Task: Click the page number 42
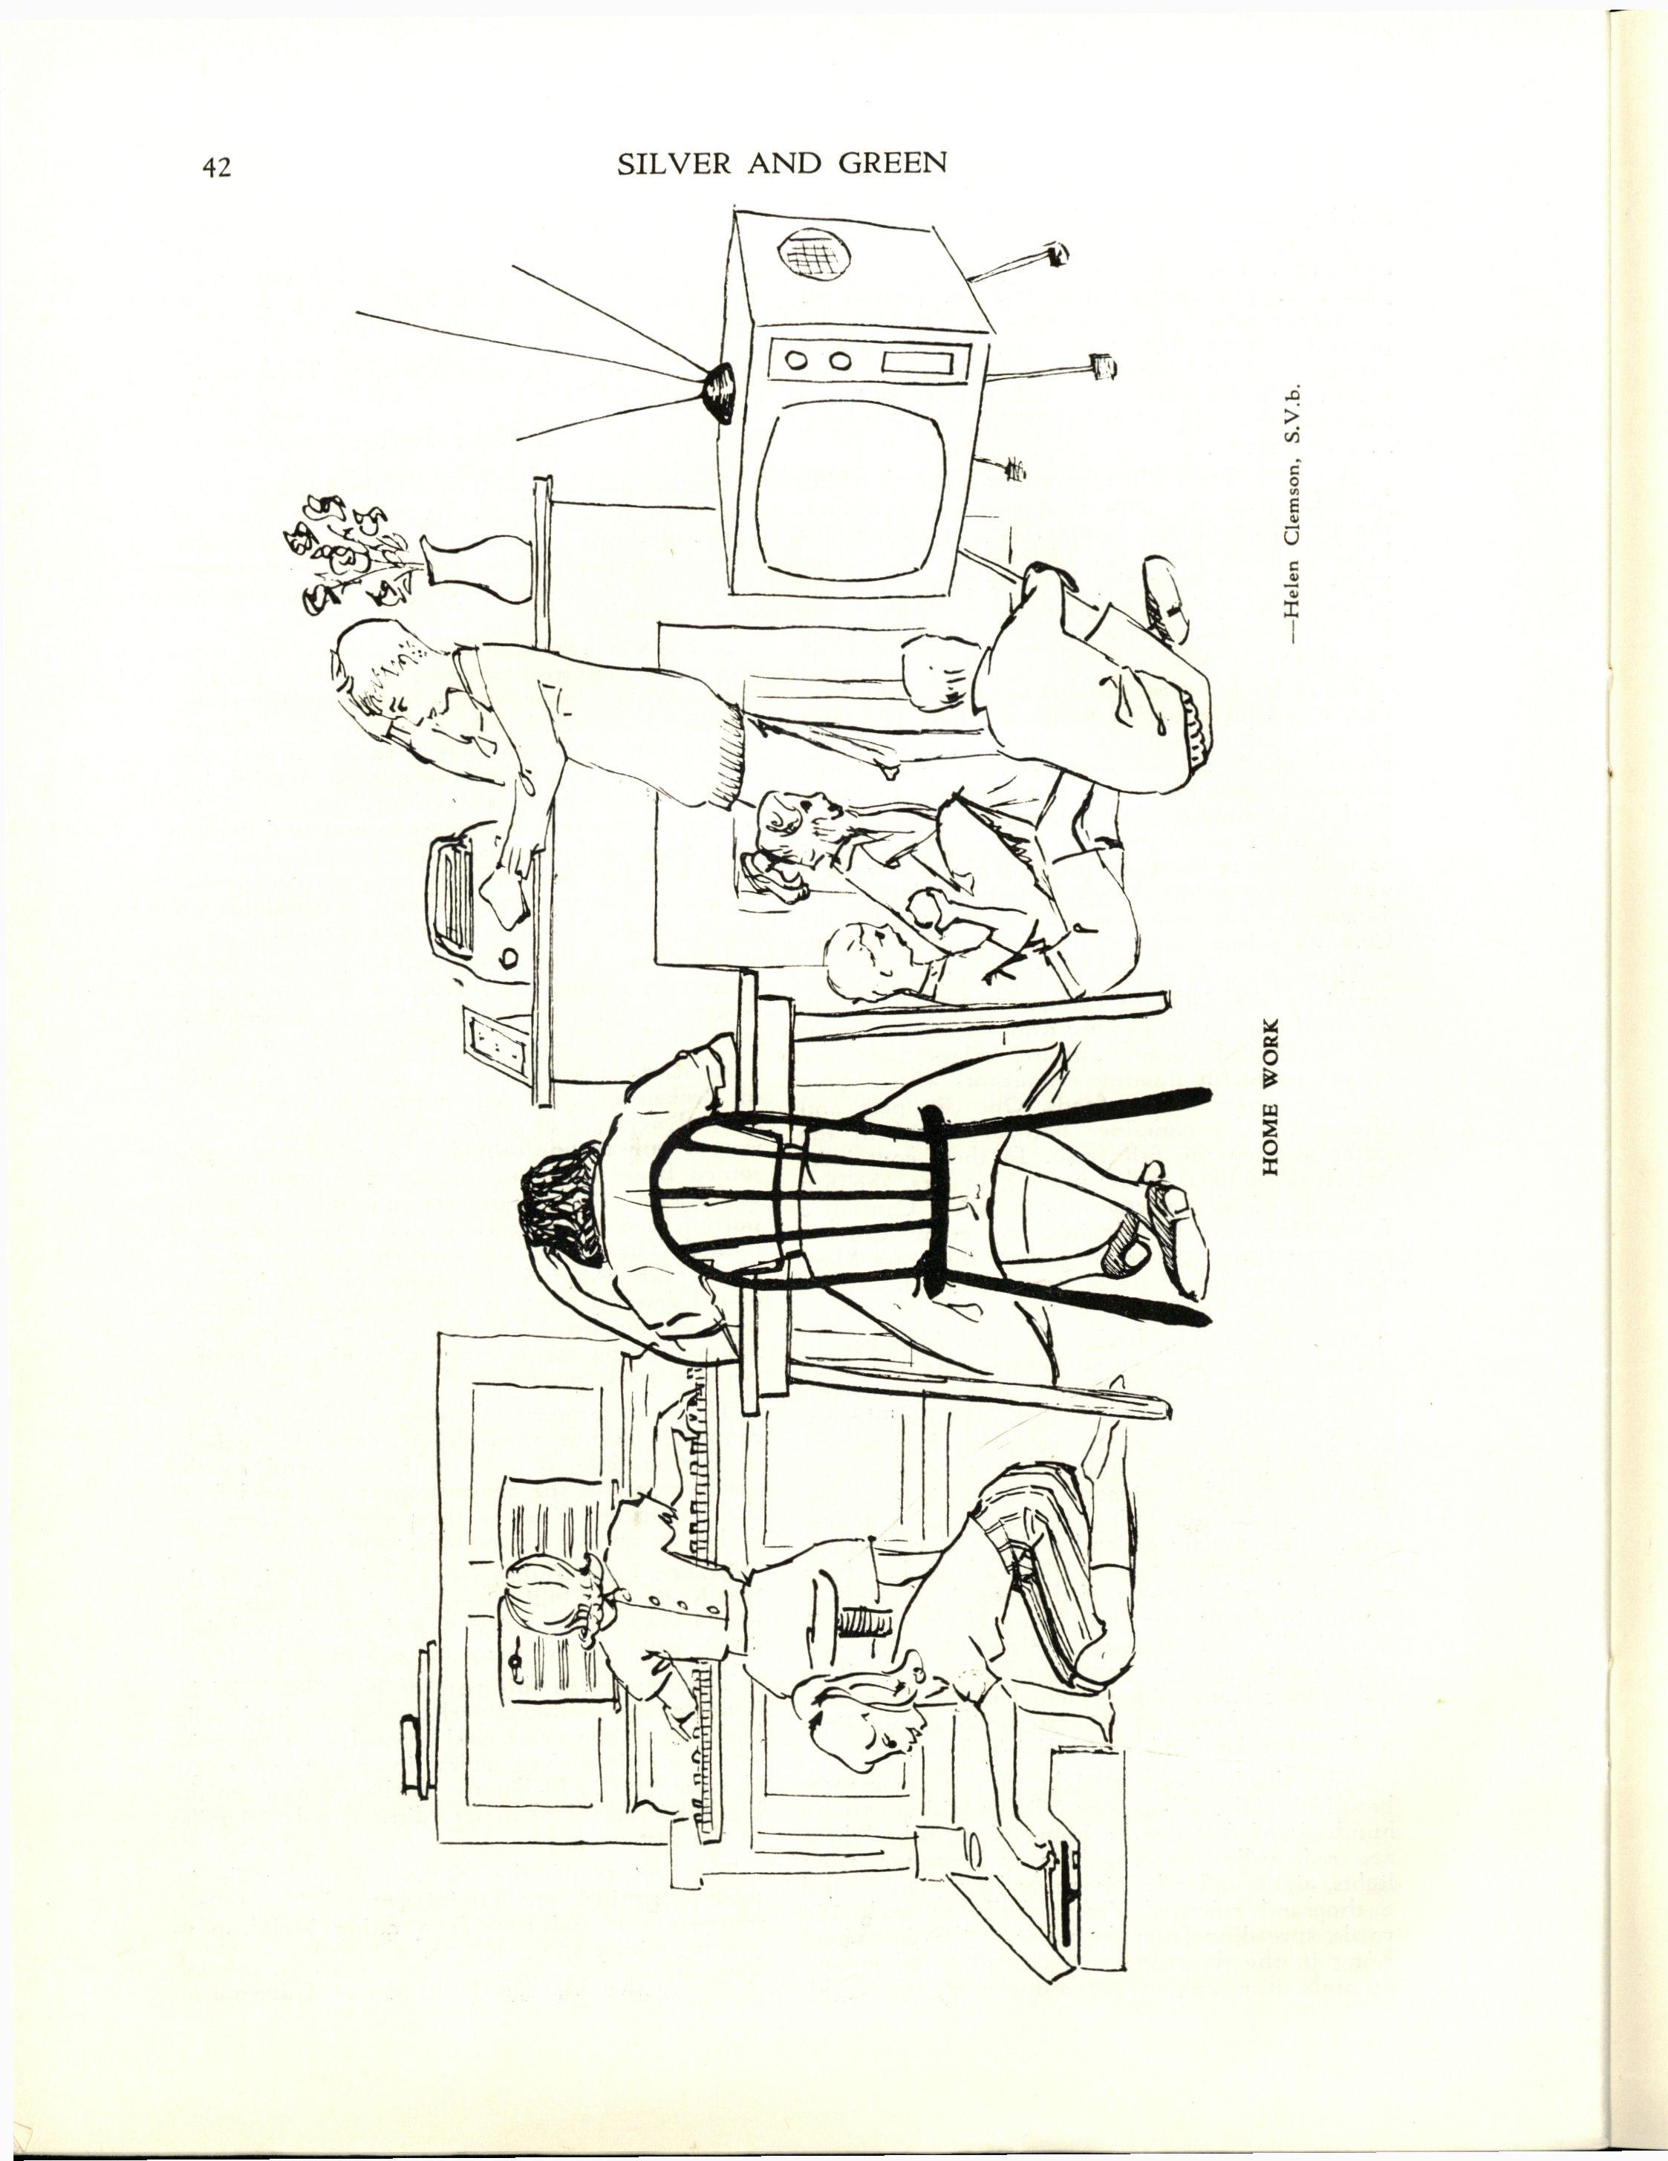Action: pyautogui.click(x=217, y=167)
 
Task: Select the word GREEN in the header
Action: pyautogui.click(x=893, y=164)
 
